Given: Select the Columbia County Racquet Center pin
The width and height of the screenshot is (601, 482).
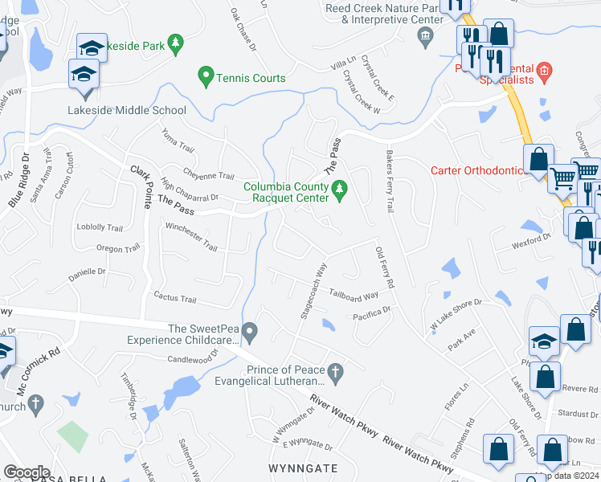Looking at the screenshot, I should click(x=340, y=189).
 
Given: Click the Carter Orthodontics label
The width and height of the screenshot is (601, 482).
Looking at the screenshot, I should click(x=478, y=170).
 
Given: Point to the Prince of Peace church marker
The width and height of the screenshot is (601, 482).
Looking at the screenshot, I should click(x=338, y=370).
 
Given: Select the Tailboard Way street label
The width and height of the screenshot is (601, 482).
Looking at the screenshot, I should click(x=354, y=296).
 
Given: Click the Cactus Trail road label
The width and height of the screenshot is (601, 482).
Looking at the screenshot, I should click(x=175, y=300).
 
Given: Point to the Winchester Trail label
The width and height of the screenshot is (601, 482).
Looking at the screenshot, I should click(x=191, y=239).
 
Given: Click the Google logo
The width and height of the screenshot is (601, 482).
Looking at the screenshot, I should click(x=27, y=472).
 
